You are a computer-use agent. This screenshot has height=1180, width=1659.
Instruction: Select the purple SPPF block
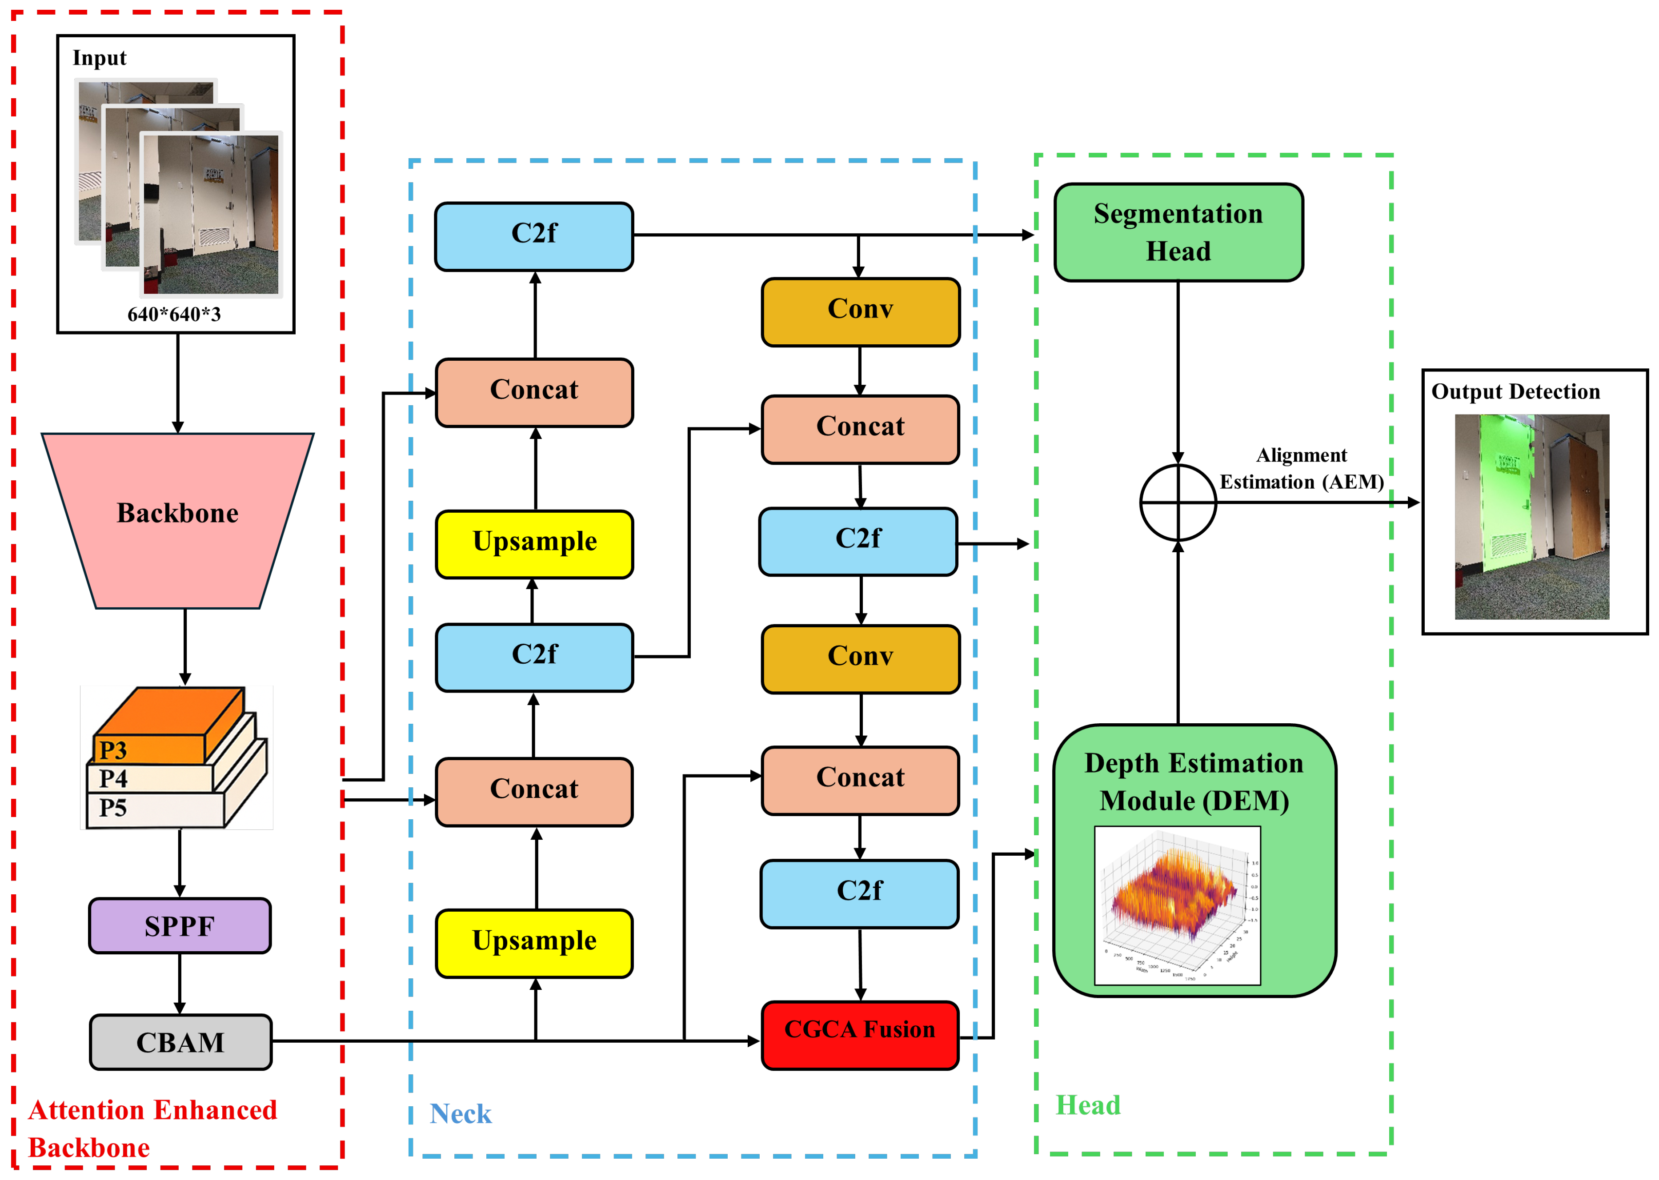(x=180, y=926)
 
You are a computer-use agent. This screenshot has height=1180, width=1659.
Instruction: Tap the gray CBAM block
(x=180, y=1042)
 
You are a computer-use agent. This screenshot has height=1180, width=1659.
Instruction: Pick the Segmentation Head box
(x=1178, y=232)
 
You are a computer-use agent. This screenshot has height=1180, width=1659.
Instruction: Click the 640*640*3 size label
(x=174, y=315)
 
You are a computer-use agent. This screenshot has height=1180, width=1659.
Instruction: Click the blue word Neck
(x=460, y=1113)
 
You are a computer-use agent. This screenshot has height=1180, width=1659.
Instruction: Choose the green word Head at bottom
(x=1088, y=1104)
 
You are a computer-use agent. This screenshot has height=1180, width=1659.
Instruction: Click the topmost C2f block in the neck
(x=533, y=236)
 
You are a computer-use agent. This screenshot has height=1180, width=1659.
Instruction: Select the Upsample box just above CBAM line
(x=533, y=942)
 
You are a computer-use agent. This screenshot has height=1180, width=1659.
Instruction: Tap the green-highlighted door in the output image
(x=1498, y=509)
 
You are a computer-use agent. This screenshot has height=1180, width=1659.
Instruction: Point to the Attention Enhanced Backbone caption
(x=152, y=1128)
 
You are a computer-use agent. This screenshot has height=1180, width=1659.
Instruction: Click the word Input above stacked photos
(x=100, y=58)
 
